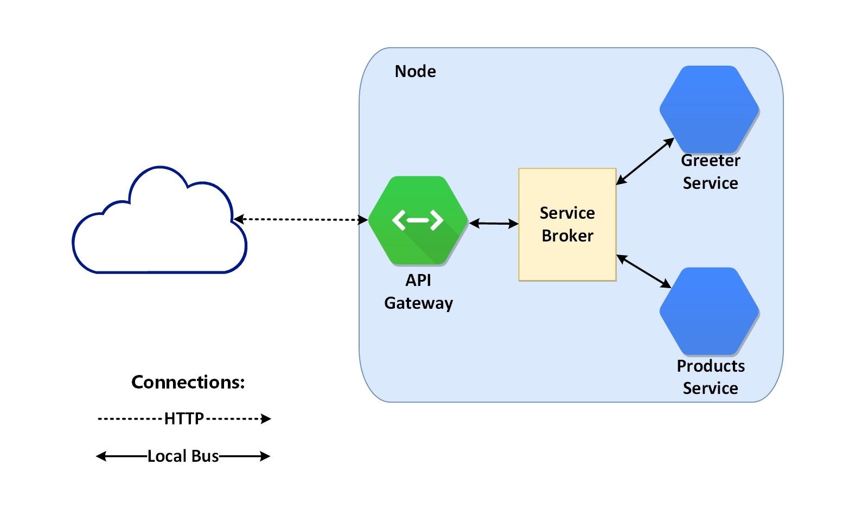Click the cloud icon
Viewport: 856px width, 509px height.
[159, 228]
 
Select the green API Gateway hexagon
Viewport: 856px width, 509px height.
[418, 239]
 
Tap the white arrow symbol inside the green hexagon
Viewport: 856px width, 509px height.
[418, 220]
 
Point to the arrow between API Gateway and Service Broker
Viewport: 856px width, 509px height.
[494, 223]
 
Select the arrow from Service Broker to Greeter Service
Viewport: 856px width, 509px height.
[644, 161]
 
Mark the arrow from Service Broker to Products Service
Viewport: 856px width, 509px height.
[644, 271]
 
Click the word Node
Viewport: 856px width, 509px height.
[415, 72]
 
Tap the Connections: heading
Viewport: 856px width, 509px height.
[188, 383]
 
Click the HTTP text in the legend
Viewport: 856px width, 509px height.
[184, 418]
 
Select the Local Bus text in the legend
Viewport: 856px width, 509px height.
[183, 456]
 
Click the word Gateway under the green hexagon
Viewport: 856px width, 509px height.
[418, 303]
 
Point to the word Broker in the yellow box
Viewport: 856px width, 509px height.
[567, 236]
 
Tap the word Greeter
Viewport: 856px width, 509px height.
[710, 161]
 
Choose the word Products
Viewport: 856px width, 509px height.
[710, 366]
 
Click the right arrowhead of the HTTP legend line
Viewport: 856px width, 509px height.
[266, 418]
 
